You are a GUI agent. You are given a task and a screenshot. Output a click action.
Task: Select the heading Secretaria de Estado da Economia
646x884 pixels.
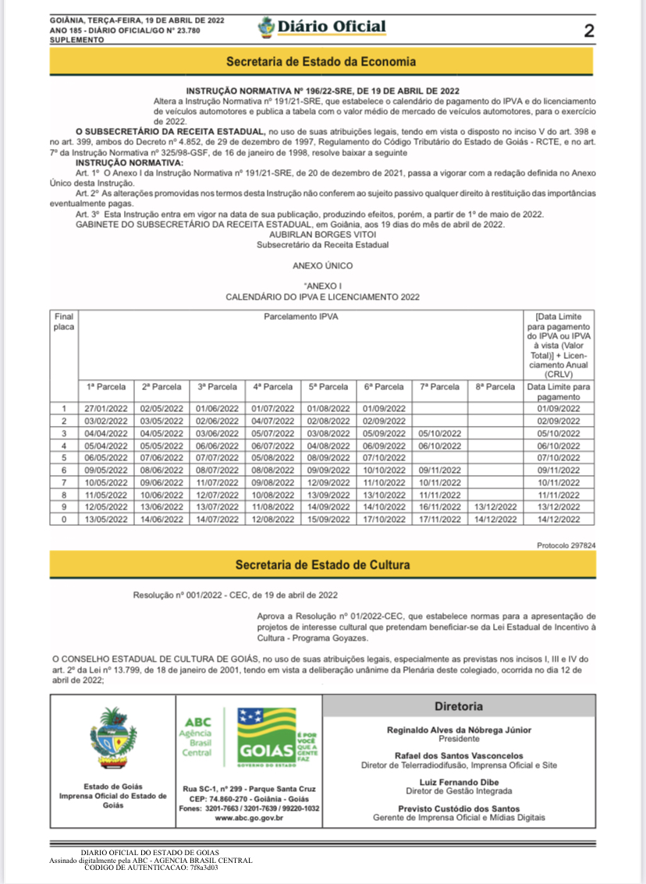(321, 62)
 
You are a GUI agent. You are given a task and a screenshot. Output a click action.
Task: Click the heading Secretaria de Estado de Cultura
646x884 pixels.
(322, 564)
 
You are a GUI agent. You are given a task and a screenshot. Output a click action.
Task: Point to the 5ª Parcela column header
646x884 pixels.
(328, 386)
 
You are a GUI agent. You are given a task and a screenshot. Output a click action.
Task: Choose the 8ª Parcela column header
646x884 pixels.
(495, 386)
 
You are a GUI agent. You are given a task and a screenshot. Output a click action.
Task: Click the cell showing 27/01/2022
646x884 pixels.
(105, 408)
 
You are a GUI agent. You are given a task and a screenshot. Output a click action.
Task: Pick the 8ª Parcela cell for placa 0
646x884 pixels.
(495, 519)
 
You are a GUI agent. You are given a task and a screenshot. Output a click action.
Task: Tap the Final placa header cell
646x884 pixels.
(64, 321)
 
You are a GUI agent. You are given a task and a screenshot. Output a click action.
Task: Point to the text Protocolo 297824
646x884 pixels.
(566, 545)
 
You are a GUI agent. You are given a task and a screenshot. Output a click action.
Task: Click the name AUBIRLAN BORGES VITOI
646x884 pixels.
(321, 233)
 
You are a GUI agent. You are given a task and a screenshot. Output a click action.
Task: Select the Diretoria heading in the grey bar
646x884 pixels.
(459, 706)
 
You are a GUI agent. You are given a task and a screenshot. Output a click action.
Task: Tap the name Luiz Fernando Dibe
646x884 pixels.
(459, 782)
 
